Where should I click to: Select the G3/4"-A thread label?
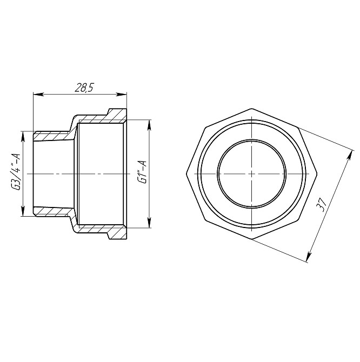pyautogui.click(x=16, y=172)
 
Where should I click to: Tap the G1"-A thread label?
pyautogui.click(x=142, y=172)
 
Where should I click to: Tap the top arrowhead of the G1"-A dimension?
pyautogui.click(x=149, y=124)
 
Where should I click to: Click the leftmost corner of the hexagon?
pyautogui.click(x=186, y=174)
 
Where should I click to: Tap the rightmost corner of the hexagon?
pyautogui.click(x=317, y=174)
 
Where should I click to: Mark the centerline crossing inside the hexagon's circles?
pyautogui.click(x=252, y=174)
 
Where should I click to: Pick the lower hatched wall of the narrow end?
pyautogui.click(x=51, y=211)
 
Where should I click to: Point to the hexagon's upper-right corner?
pyautogui.click(x=299, y=128)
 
